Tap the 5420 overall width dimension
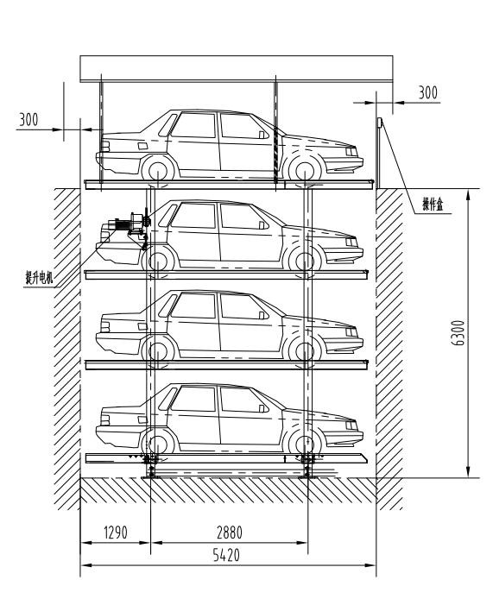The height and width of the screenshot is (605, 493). pyautogui.click(x=226, y=555)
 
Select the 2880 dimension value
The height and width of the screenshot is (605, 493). pyautogui.click(x=230, y=533)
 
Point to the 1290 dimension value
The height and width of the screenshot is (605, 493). pyautogui.click(x=116, y=533)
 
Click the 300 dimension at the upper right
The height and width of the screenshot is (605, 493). pyautogui.click(x=428, y=92)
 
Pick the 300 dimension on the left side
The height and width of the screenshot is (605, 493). pyautogui.click(x=29, y=120)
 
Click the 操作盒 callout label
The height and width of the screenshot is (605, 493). pyautogui.click(x=432, y=204)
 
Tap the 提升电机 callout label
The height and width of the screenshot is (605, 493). pyautogui.click(x=39, y=277)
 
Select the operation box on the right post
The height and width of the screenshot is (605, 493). pyautogui.click(x=380, y=123)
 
